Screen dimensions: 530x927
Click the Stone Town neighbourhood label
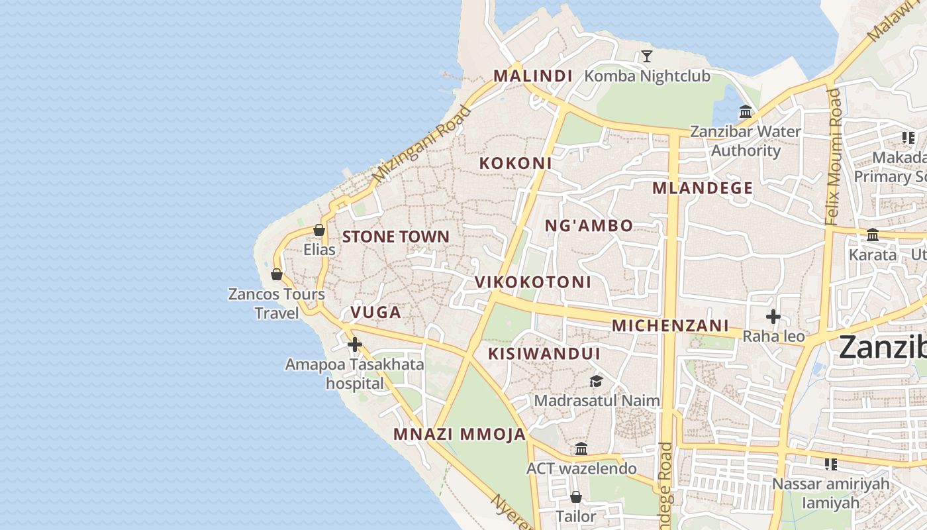coord(395,237)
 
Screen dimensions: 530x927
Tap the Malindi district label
coord(533,76)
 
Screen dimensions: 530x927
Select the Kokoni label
coord(515,163)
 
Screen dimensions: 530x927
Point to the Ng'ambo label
coord(589,226)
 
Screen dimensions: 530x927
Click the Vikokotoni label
coord(533,282)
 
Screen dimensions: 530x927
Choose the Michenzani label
coord(670,326)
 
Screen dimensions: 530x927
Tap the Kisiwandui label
coord(544,354)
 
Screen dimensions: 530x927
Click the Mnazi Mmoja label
coord(460,435)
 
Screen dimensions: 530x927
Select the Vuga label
coord(375,312)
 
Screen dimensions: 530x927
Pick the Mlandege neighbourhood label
coord(703,188)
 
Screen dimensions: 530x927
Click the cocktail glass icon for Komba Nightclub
coord(647,56)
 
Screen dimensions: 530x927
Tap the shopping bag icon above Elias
coord(319,230)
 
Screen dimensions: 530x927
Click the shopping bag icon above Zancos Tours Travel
coord(277,274)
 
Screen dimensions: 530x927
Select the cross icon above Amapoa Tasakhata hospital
coord(355,344)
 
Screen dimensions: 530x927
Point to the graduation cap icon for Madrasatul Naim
coord(596,381)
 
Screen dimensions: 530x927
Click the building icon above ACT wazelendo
coord(581,449)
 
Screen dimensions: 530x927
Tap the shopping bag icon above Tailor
coord(576,496)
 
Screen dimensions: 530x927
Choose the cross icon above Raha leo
coord(773,317)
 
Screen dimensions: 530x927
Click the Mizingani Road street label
coord(422,144)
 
